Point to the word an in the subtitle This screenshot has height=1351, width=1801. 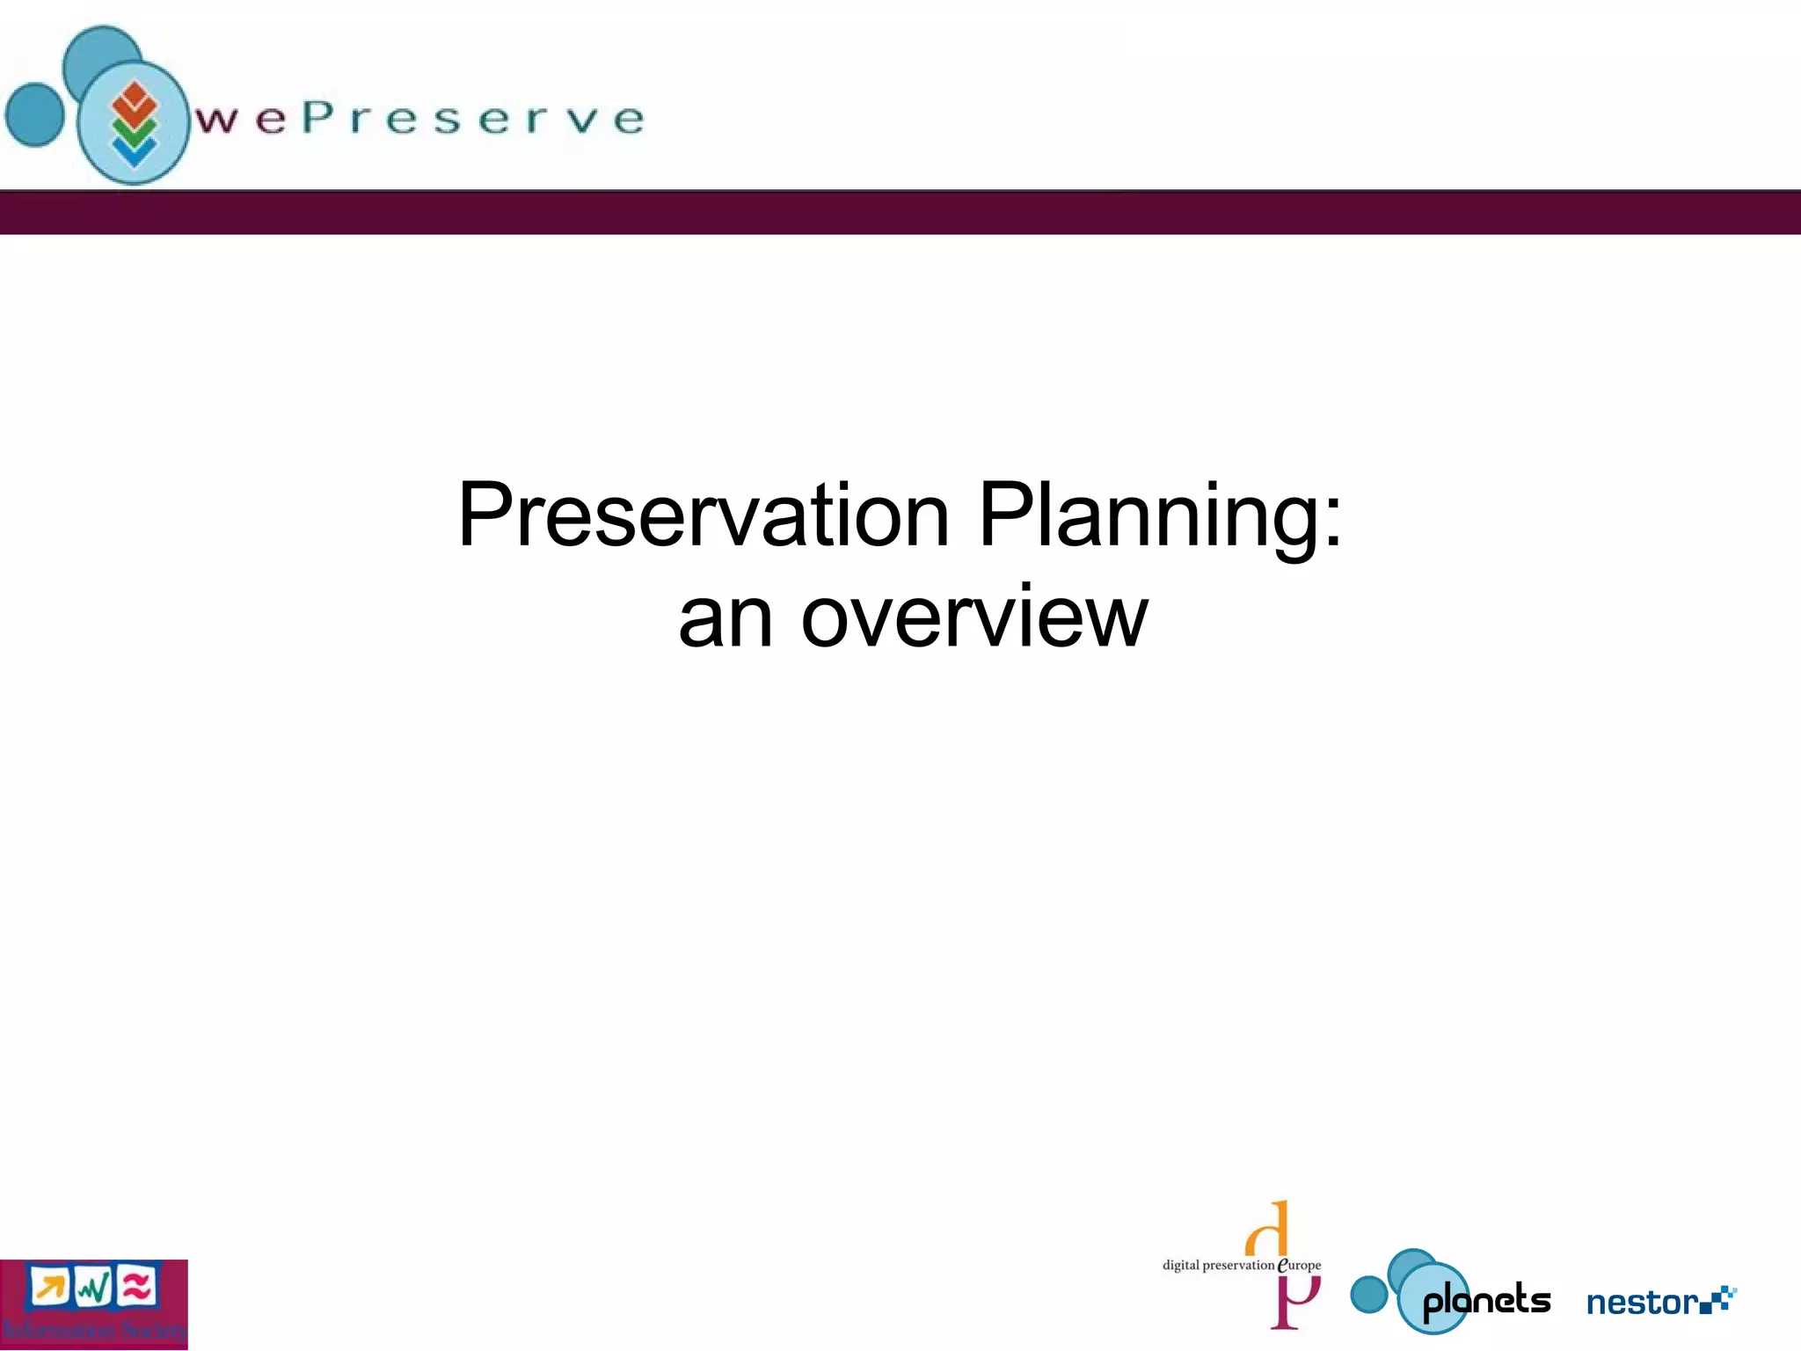coord(726,619)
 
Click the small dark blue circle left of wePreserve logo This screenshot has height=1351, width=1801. coord(34,114)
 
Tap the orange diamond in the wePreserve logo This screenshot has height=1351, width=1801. coord(134,100)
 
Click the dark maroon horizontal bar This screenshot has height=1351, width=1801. coord(900,213)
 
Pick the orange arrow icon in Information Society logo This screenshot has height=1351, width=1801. coord(49,1288)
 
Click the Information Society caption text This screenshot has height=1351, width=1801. coord(94,1329)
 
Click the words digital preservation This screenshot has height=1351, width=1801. coord(1218,1266)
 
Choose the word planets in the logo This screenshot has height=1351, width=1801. coord(1486,1301)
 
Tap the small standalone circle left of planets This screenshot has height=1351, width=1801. coord(1369,1294)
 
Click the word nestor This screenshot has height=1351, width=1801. coord(1642,1303)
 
